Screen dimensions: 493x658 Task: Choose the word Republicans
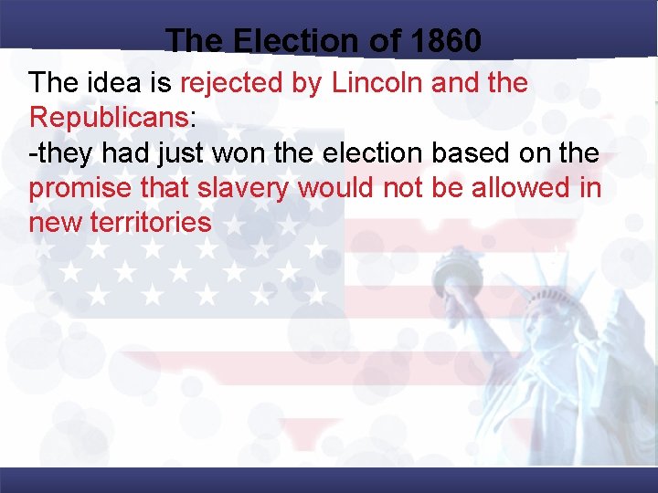pyautogui.click(x=109, y=118)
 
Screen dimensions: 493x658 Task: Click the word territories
pyautogui.click(x=151, y=222)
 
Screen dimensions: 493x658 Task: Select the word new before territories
pyautogui.click(x=56, y=222)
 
